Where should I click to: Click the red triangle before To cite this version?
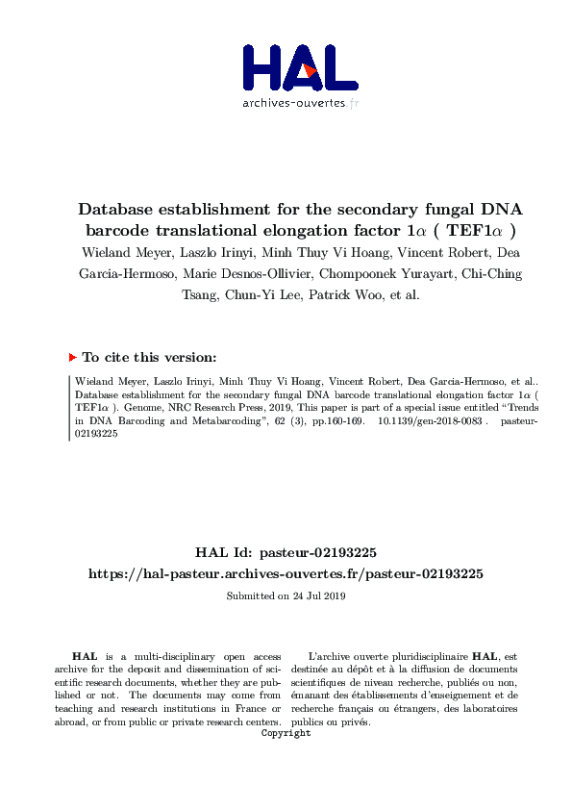point(72,357)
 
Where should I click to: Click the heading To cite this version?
point(149,357)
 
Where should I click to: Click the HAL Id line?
point(286,552)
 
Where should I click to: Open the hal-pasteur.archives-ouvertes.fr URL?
point(286,573)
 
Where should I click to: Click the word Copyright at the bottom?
point(286,733)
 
